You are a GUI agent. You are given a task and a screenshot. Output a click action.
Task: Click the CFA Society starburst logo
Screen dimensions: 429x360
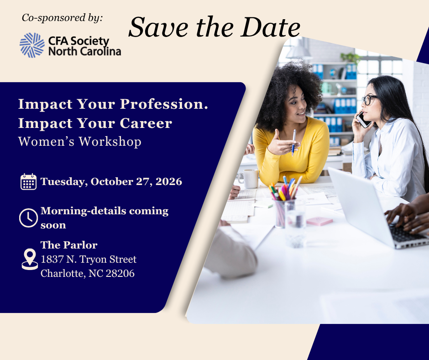32,45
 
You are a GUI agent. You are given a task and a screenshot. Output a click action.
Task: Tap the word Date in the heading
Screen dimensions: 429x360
270,27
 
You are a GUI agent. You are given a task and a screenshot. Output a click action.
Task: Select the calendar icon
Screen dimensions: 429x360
28,182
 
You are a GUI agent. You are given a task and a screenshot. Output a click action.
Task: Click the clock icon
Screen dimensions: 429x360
28,218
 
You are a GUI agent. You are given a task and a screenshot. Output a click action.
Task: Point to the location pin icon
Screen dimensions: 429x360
30,259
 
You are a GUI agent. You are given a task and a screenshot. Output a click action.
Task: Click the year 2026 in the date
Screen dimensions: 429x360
169,182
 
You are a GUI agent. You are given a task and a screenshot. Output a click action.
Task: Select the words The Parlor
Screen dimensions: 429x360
69,245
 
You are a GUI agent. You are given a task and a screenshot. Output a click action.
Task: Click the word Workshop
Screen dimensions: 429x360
110,142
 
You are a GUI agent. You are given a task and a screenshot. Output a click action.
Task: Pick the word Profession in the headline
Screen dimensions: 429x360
164,104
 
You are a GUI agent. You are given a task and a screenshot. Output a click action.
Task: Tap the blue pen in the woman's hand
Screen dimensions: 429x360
293,143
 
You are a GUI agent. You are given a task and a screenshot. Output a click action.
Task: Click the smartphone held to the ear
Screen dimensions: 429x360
363,120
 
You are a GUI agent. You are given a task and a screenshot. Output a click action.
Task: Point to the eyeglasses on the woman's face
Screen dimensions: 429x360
369,100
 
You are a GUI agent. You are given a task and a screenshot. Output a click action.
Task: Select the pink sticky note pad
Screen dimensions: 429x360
319,221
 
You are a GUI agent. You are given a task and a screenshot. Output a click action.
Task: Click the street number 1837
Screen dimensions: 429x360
52,259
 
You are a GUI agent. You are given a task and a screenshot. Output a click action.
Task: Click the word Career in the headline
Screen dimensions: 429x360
146,123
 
